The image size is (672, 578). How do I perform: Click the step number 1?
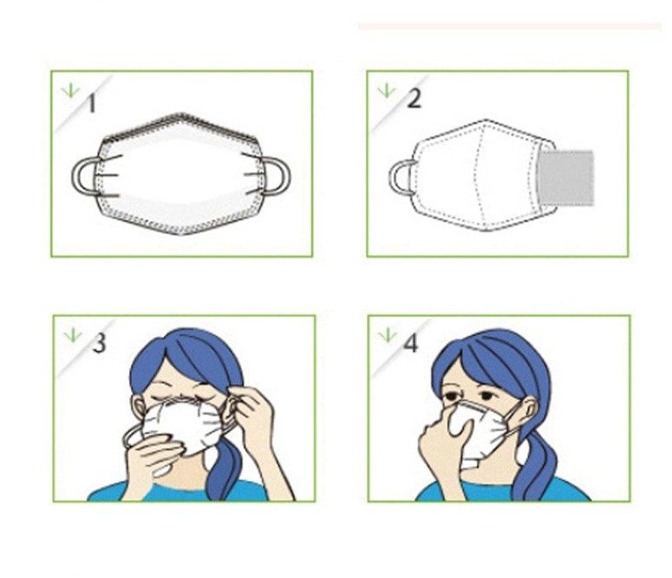pos(91,104)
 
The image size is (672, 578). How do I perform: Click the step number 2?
pos(414,99)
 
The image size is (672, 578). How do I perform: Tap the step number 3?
pos(99,343)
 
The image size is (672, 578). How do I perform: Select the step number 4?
pos(411,343)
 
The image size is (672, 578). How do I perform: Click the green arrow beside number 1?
pos(70,90)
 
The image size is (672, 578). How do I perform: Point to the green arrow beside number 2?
pos(387,90)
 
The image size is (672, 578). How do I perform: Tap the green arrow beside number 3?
pos(73,335)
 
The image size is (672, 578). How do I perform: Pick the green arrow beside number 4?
pos(388,335)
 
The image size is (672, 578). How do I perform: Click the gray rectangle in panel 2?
pos(565,178)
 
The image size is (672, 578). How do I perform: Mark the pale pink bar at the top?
pos(510,27)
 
